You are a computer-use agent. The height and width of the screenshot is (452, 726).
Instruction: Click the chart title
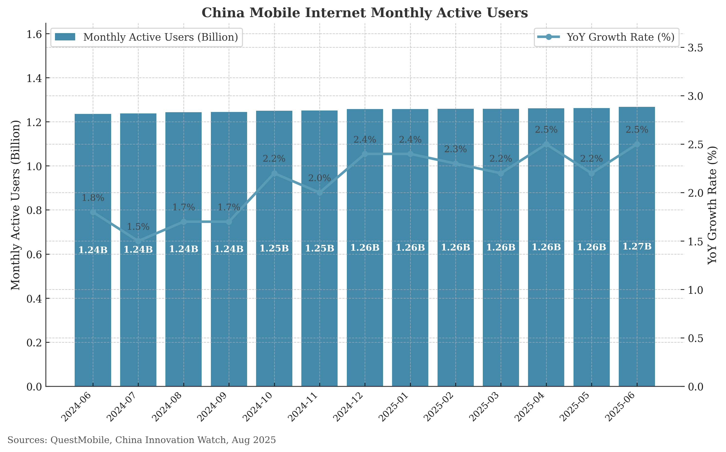pyautogui.click(x=365, y=13)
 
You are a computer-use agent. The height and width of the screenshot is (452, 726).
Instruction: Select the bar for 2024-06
pyautogui.click(x=93, y=299)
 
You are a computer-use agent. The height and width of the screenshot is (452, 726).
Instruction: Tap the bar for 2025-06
pyautogui.click(x=637, y=299)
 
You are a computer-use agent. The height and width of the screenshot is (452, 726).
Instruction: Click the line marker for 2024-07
pyautogui.click(x=138, y=241)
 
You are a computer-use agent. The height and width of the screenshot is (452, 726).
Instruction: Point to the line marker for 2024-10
pyautogui.click(x=274, y=173)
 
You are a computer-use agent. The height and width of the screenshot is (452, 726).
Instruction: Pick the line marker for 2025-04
pyautogui.click(x=546, y=144)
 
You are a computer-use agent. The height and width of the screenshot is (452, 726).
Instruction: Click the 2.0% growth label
pyautogui.click(x=319, y=178)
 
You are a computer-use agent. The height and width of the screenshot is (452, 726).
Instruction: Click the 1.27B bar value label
pyautogui.click(x=637, y=247)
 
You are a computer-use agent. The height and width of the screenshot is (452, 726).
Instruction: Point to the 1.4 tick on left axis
pyautogui.click(x=34, y=78)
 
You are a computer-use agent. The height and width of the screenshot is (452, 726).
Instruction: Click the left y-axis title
pyautogui.click(x=16, y=205)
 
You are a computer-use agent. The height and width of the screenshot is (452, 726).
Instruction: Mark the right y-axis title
pyautogui.click(x=713, y=205)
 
